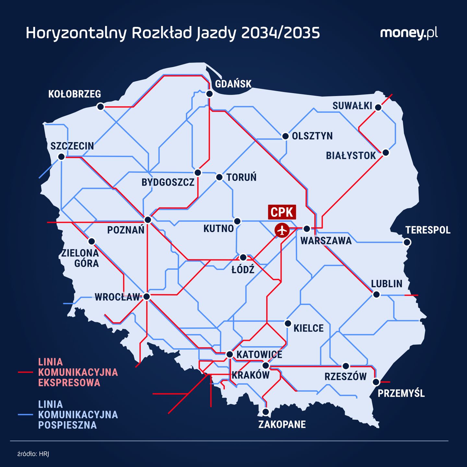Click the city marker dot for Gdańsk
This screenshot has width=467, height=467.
point(210,94)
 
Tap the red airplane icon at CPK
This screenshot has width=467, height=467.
point(282,230)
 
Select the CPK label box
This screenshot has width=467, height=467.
point(282,212)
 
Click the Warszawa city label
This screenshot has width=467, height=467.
point(326,241)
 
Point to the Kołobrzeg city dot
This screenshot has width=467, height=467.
point(101,107)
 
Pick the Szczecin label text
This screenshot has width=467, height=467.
point(72,146)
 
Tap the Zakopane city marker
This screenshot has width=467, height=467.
point(266,412)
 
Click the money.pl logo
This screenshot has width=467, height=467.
point(409,33)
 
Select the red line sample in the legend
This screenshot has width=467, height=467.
point(25,372)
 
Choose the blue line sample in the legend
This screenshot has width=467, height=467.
point(25,414)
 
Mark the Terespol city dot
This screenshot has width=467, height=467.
point(407,242)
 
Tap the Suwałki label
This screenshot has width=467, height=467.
point(352,106)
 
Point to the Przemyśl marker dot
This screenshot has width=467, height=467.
point(376,382)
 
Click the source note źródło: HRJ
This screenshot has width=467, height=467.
point(33,454)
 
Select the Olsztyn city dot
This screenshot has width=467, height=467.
point(285,136)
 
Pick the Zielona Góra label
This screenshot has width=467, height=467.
point(80,258)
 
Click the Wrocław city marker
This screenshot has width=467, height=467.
point(147,296)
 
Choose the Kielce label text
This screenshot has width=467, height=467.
point(308,328)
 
